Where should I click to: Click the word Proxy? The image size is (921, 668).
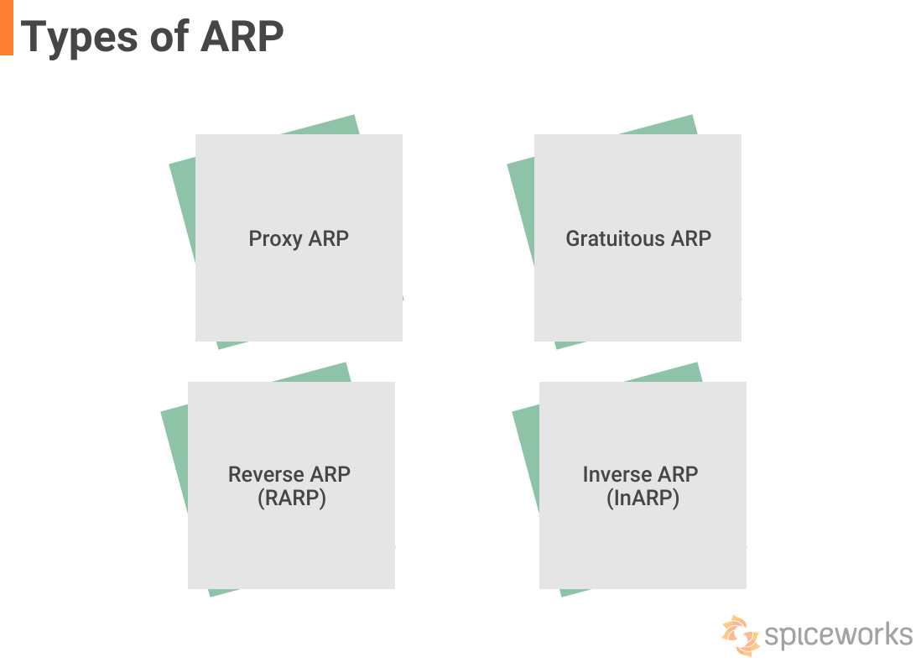click(275, 238)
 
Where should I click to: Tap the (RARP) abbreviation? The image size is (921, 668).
click(291, 498)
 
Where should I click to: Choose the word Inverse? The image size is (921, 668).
click(616, 474)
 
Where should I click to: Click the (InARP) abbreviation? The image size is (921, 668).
click(643, 498)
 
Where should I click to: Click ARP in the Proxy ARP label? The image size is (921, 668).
click(329, 238)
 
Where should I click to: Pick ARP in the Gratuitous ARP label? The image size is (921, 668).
click(691, 238)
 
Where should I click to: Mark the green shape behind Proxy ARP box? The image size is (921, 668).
click(182, 210)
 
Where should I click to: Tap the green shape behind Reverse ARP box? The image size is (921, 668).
click(174, 462)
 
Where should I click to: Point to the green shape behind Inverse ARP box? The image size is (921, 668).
click(525, 462)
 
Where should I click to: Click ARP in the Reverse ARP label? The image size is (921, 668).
click(330, 474)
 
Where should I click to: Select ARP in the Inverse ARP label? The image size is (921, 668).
click(678, 474)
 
